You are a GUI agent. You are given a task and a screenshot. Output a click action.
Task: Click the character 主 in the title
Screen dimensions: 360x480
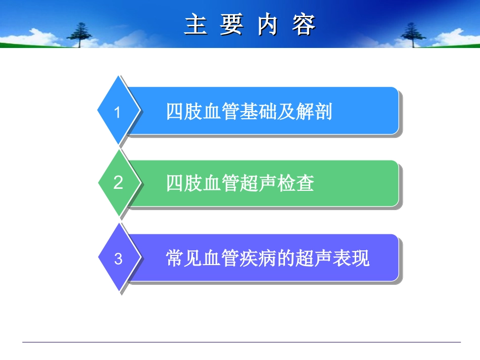(196, 25)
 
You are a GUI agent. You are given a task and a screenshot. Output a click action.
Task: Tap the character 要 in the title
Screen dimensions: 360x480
(231, 25)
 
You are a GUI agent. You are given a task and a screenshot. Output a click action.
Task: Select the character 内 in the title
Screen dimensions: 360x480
(268, 25)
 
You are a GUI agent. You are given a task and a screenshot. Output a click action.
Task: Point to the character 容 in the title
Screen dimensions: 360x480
(304, 25)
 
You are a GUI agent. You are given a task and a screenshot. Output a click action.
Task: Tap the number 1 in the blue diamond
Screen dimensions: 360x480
(118, 112)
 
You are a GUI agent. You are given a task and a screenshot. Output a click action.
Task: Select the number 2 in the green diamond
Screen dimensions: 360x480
(118, 183)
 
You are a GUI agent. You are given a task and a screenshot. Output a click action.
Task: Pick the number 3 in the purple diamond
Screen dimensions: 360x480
(118, 259)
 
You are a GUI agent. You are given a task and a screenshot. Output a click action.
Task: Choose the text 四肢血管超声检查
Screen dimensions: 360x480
(240, 183)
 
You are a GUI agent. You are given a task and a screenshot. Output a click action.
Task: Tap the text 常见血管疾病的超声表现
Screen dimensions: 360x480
(268, 259)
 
